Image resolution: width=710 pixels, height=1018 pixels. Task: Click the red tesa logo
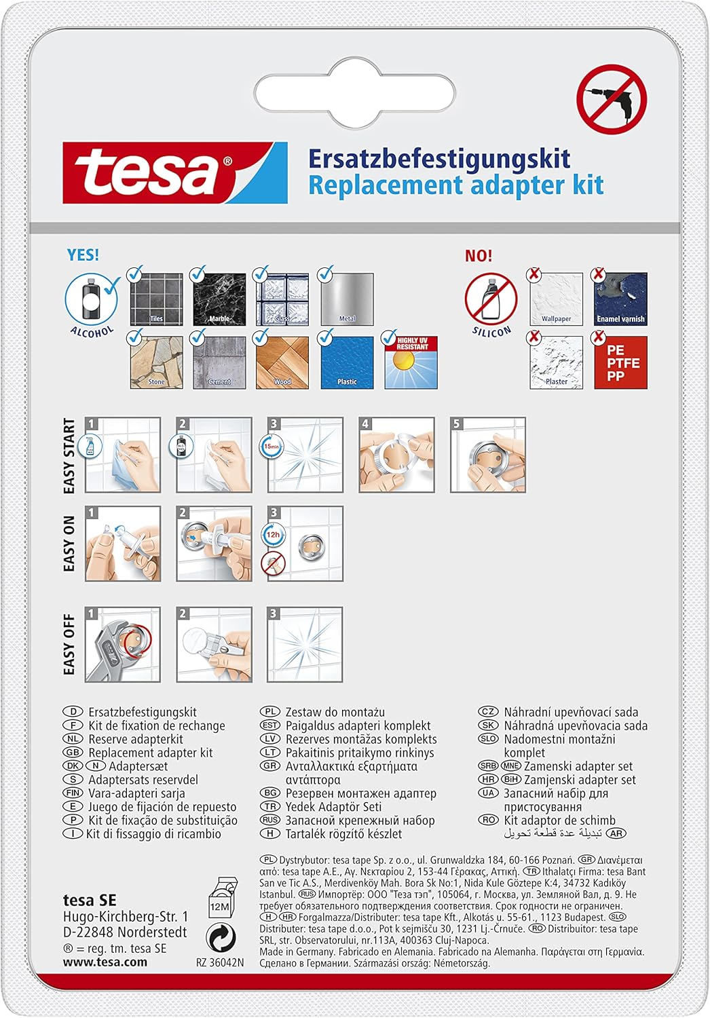pos(174,173)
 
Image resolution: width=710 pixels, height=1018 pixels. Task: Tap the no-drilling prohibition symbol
pos(611,99)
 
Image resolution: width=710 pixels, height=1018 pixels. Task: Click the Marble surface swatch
pos(219,299)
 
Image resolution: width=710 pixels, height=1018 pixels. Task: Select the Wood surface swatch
pos(282,362)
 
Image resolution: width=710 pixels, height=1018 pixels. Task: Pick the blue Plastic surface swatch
pos(347,362)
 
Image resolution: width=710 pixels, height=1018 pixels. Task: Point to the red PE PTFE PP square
pos(620,363)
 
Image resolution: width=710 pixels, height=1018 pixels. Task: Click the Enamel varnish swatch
pos(620,299)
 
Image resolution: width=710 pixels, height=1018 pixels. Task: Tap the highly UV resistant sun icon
pos(411,362)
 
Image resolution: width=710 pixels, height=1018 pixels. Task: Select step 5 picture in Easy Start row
pos(488,455)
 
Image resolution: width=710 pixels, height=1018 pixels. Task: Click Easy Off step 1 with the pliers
pos(123,644)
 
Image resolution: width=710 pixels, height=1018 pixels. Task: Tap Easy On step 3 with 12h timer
pos(305,544)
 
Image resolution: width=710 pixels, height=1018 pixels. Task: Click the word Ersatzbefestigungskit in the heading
pos(439,159)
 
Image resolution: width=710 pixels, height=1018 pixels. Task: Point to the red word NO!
pos(479,256)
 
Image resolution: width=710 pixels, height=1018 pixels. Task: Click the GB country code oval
pos(73,753)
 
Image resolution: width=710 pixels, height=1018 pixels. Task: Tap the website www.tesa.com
pos(105,962)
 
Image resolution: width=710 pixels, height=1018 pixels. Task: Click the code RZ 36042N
pos(219,962)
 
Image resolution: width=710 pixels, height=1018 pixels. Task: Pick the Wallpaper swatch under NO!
pos(556,299)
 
